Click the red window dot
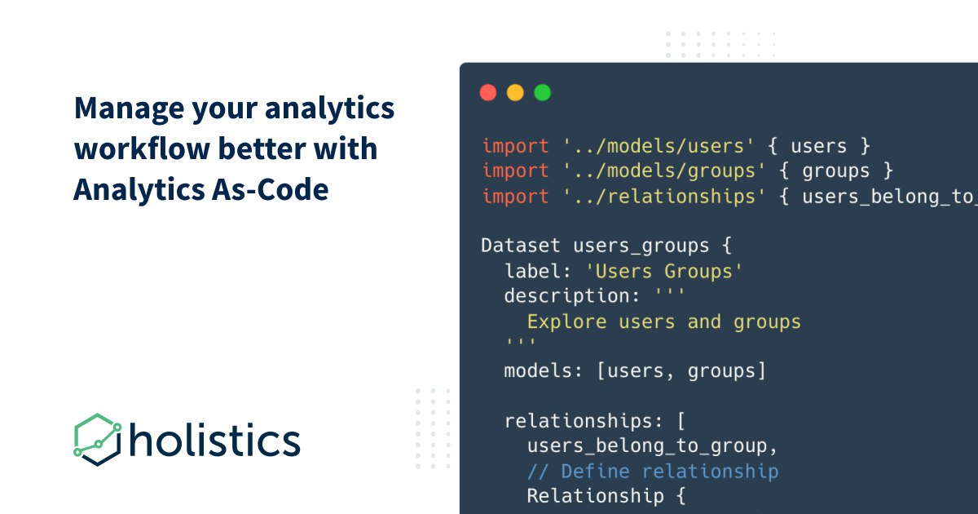[x=488, y=93]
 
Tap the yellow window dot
[x=515, y=93]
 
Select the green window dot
[x=543, y=93]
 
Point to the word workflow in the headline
[x=142, y=148]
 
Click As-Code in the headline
[x=271, y=189]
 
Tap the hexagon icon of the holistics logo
[x=97, y=440]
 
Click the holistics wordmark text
[x=215, y=440]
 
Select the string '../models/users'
[x=659, y=146]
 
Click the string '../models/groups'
[x=664, y=171]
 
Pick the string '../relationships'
[x=664, y=197]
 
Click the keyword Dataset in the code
[x=521, y=246]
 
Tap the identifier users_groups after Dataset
[x=641, y=246]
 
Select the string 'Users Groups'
[x=664, y=272]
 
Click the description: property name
[x=572, y=296]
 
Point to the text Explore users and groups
[x=664, y=322]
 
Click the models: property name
[x=543, y=371]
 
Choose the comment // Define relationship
[x=653, y=472]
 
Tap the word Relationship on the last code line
[x=596, y=497]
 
